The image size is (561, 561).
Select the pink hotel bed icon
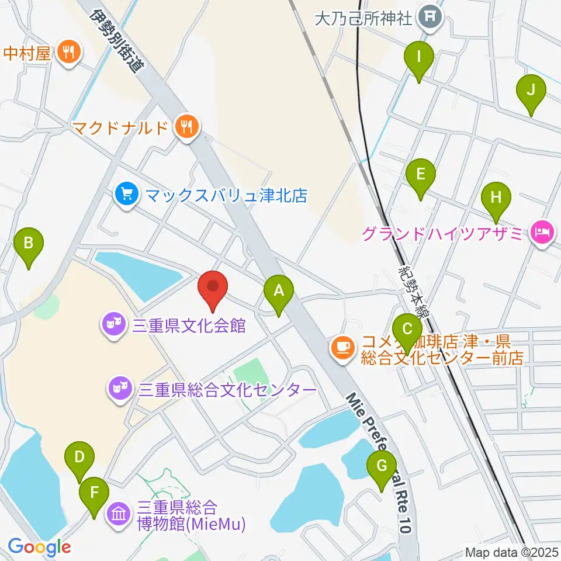click(x=542, y=234)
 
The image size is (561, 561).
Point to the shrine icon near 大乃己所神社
click(x=431, y=19)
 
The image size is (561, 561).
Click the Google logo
click(x=40, y=547)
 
